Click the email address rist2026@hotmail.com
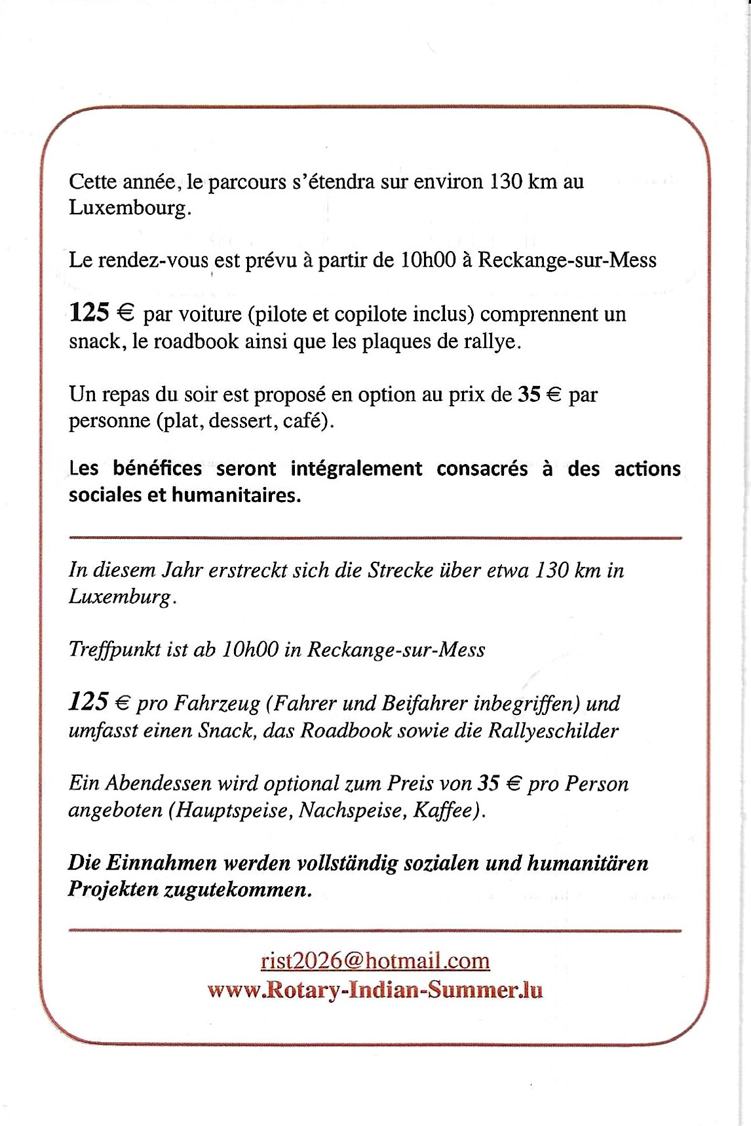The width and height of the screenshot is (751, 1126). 375,961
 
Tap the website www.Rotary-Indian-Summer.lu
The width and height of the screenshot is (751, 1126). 375,989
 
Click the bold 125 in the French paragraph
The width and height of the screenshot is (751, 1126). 89,313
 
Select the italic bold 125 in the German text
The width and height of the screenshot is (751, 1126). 88,703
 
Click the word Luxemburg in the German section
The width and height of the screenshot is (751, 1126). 121,597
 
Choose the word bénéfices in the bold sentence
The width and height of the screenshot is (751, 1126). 157,468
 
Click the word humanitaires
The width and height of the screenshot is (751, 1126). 236,495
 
